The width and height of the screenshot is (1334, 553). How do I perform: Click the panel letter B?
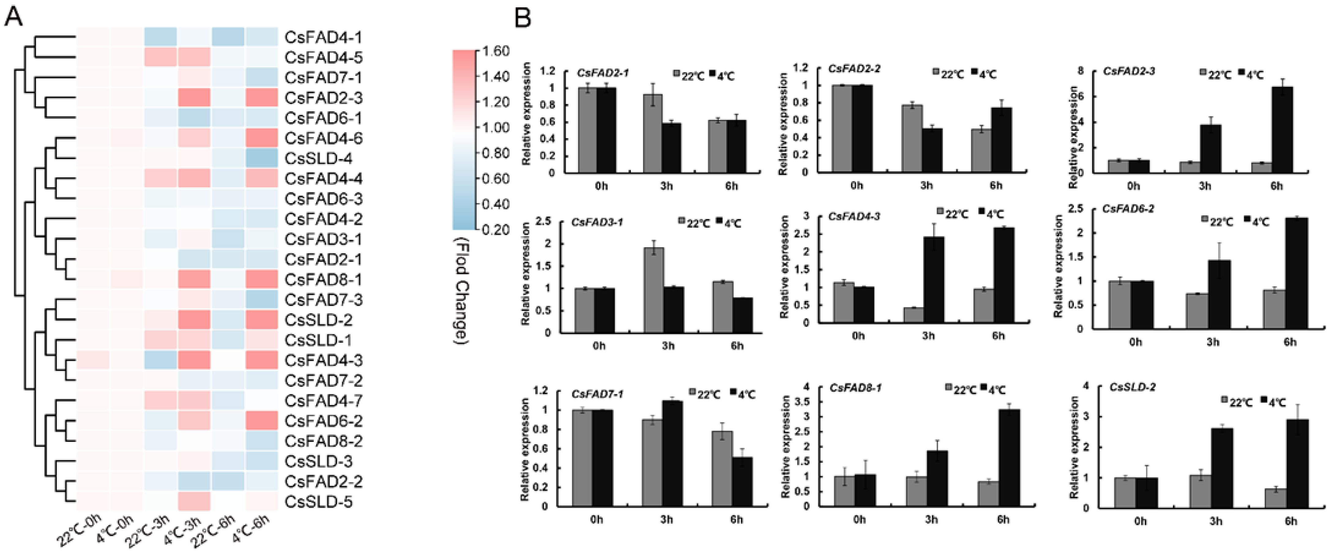point(522,19)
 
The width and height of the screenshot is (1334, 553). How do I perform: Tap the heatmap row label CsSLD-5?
point(319,502)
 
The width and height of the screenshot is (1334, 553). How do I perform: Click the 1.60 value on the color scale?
point(496,51)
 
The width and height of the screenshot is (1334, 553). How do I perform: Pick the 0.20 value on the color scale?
point(496,229)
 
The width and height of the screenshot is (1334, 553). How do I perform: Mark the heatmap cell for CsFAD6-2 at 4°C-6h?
point(262,421)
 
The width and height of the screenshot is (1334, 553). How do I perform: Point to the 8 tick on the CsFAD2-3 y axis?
point(1080,71)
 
